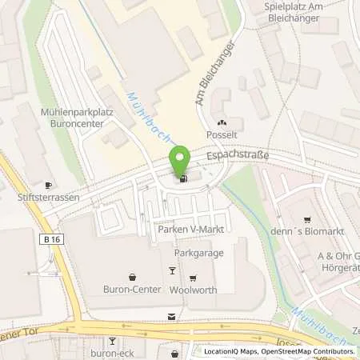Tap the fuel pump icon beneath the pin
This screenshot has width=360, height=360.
pos(185,178)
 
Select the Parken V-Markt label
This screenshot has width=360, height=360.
pos(189,230)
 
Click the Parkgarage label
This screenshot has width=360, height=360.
pos(199,253)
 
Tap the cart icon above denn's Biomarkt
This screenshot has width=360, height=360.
pos(306,220)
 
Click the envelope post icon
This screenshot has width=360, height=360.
pos(171,317)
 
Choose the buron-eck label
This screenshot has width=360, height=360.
pos(97,351)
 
